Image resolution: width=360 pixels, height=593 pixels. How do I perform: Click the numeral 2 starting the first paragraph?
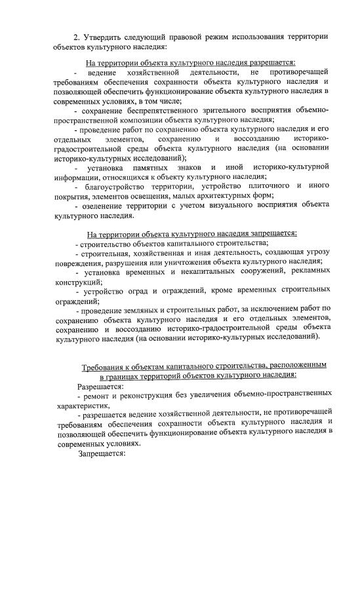click(76, 35)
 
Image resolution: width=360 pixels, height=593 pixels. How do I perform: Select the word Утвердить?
click(104, 35)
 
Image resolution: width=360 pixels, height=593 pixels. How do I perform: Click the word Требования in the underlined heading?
click(106, 365)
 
